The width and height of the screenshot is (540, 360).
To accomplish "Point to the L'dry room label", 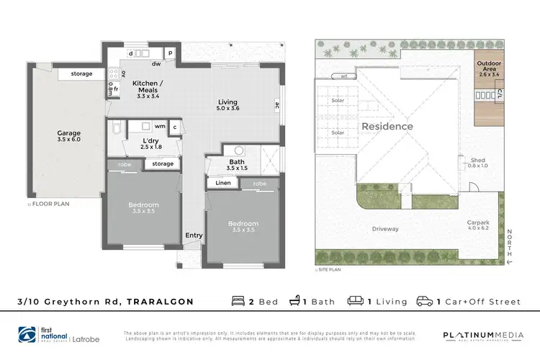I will [x=150, y=143].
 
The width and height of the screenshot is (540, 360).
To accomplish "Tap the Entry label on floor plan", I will [x=194, y=235].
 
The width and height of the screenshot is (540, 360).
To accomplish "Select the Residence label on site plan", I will [x=387, y=127].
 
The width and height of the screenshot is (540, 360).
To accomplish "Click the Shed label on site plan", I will [x=477, y=162].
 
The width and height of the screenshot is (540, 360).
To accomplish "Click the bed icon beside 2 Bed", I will [x=238, y=302].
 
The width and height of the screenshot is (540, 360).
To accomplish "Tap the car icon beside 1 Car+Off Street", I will [x=423, y=302].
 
